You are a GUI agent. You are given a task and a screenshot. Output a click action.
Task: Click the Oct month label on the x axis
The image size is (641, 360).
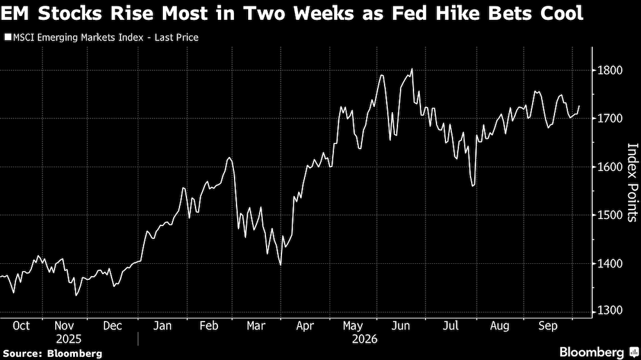pos(21,325)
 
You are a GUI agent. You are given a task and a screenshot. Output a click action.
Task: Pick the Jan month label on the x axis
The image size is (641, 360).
pos(162,325)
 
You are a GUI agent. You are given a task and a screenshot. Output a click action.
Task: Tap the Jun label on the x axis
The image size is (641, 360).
pos(401,325)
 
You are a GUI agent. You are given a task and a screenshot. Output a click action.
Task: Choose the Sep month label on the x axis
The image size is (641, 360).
pos(548,325)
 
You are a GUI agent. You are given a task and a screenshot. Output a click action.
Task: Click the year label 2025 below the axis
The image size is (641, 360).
pos(69,339)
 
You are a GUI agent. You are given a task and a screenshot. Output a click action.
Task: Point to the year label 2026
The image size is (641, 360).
pos(365,339)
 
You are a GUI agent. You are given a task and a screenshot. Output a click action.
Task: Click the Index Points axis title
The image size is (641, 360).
pos(632,183)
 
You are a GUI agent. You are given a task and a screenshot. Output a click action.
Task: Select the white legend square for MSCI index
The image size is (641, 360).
pos(8,37)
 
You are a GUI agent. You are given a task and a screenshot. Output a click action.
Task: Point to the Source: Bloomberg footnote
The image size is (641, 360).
pos(53,354)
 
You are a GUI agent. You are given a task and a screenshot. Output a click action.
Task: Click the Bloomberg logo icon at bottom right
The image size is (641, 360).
pos(634,352)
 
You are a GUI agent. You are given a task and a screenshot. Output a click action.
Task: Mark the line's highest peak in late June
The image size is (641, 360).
pos(412,69)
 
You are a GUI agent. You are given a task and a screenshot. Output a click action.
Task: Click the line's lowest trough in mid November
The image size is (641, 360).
pos(76,295)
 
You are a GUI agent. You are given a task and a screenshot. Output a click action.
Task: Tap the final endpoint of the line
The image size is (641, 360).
pos(579,106)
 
